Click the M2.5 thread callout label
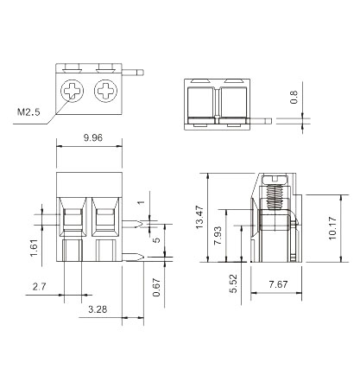tap(28, 111)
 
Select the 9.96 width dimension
tap(93, 137)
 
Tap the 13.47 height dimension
tap(199, 217)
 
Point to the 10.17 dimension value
tap(332, 228)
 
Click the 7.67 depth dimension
tap(278, 284)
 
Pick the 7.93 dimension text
tap(218, 236)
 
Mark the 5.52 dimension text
tap(234, 283)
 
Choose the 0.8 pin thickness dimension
tap(294, 97)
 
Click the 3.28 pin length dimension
tap(98, 309)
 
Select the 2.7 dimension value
tap(40, 287)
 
